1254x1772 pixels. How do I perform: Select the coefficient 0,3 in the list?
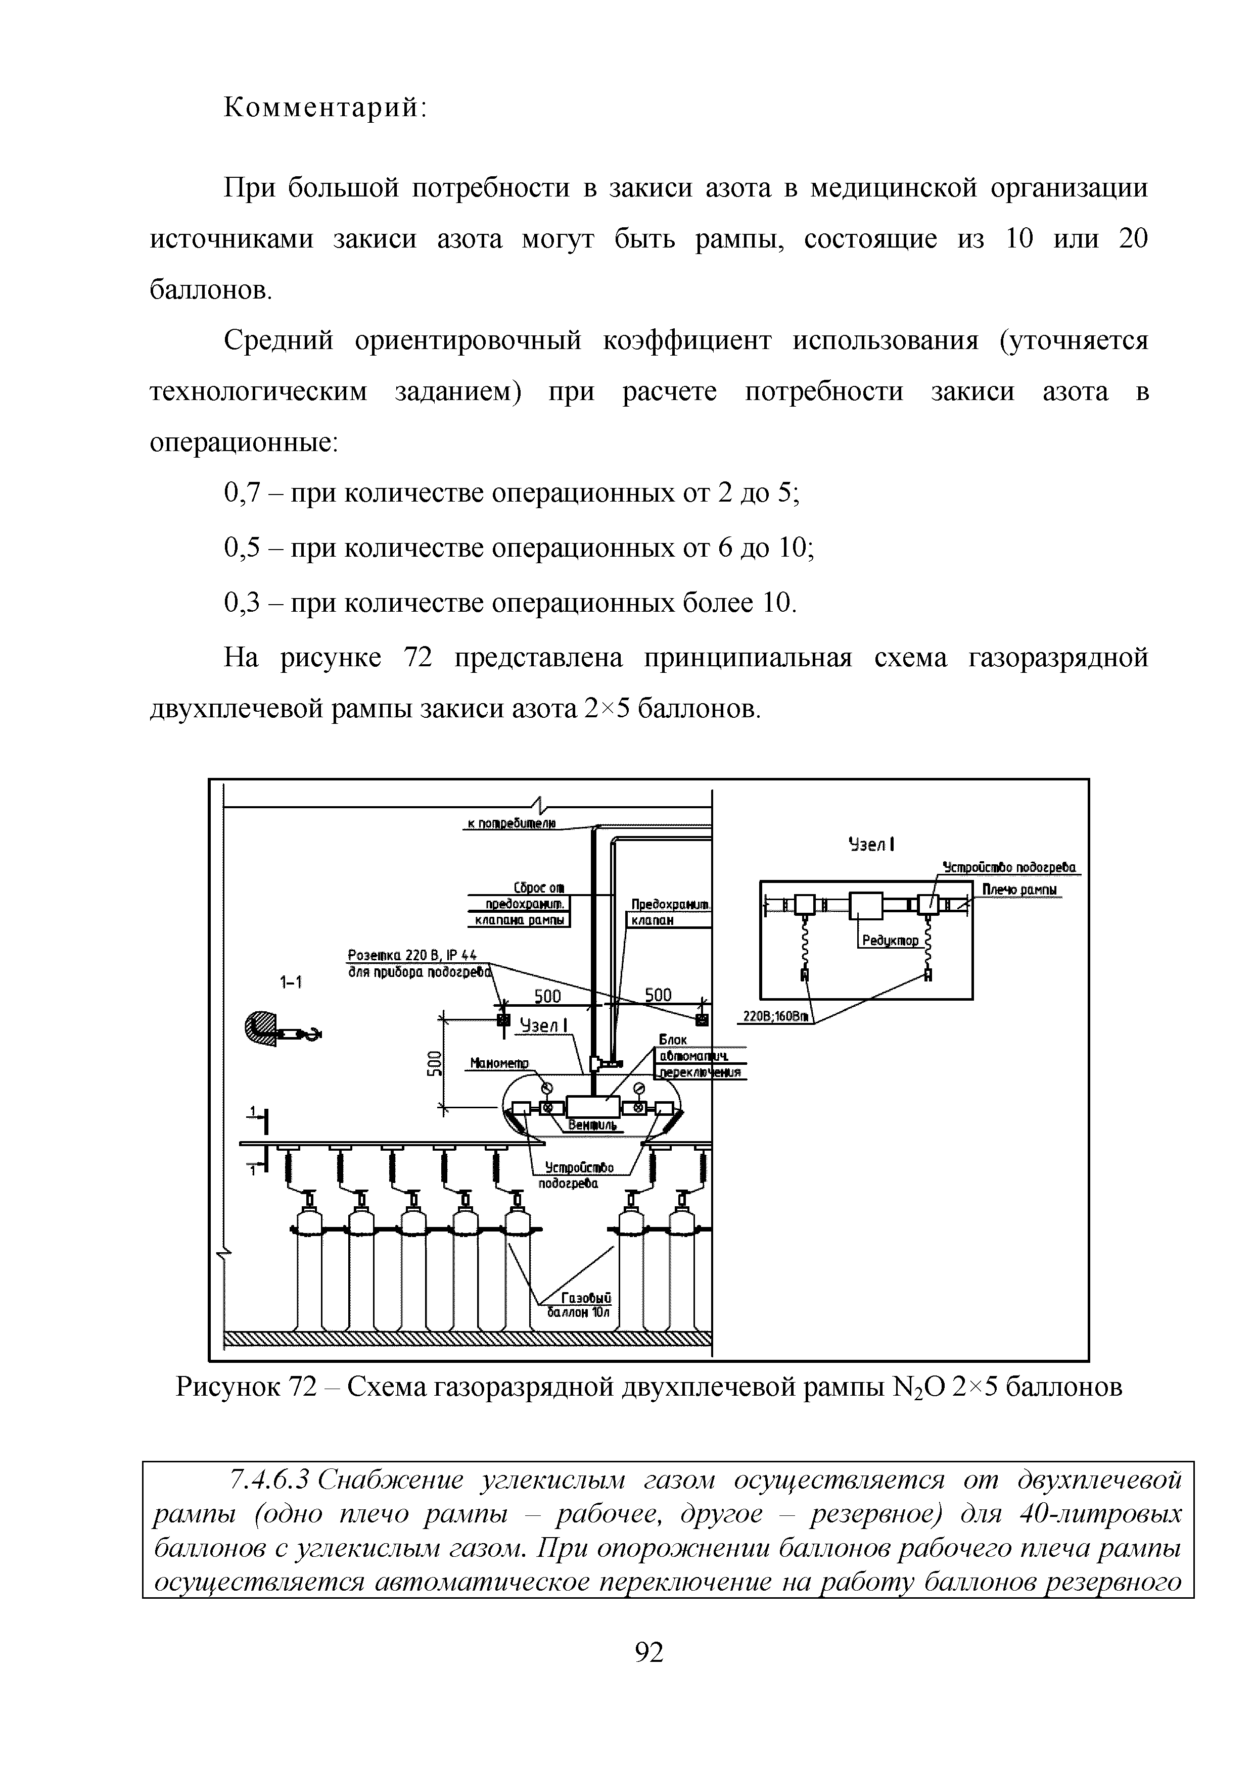click(241, 602)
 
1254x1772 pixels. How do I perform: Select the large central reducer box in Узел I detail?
click(866, 905)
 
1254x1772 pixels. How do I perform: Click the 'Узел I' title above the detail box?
click(870, 844)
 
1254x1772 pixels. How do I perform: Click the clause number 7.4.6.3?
click(270, 1480)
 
